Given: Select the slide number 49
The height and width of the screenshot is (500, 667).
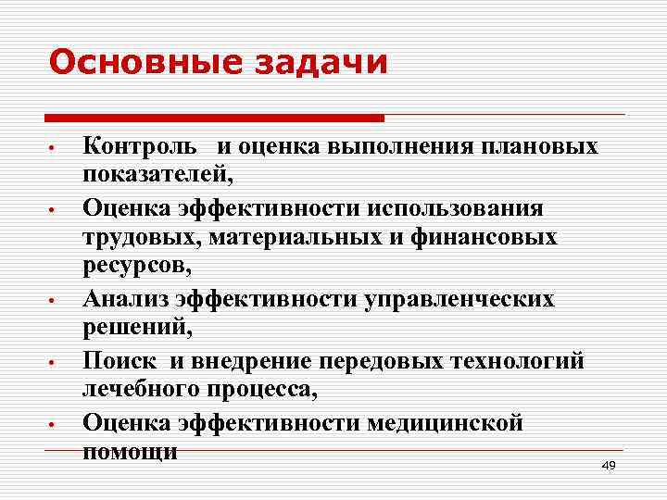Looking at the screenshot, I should pos(608,466).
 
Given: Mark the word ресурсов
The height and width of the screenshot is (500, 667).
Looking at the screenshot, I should pos(135,267).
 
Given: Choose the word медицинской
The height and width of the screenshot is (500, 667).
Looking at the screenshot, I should pos(445,423).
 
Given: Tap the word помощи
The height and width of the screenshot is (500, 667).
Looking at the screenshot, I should pos(130,451).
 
